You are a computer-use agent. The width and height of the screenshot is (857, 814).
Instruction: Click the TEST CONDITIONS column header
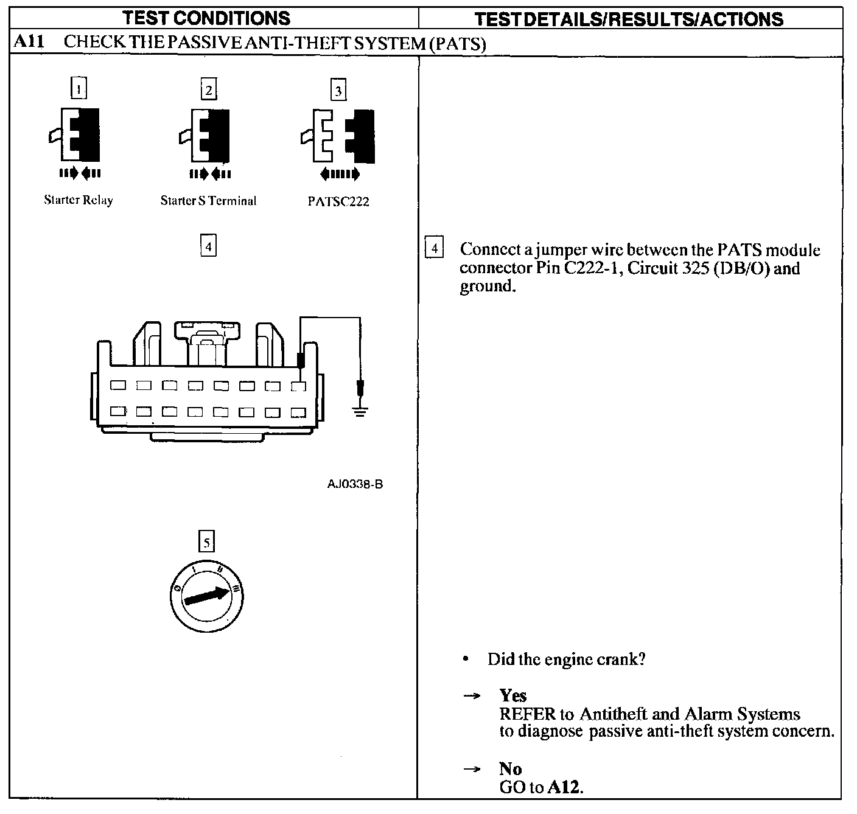point(207,18)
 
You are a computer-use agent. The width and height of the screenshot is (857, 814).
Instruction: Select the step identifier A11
point(28,43)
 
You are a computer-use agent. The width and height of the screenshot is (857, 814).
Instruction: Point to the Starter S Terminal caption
point(208,201)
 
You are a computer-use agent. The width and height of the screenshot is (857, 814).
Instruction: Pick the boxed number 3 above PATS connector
point(338,91)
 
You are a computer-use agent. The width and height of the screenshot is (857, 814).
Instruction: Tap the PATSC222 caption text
point(338,202)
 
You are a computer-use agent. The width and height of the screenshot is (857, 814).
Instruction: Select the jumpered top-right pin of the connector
point(298,386)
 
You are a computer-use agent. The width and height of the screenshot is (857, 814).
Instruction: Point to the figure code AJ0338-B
point(355,485)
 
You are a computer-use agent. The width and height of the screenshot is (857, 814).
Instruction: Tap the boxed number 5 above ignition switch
point(208,541)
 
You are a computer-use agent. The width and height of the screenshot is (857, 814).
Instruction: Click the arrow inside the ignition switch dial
point(207,596)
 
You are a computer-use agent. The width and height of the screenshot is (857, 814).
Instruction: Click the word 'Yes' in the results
point(512,695)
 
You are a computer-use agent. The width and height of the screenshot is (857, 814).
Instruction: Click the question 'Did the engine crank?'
point(566,659)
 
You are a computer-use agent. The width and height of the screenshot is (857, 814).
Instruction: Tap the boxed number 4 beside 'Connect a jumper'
point(433,249)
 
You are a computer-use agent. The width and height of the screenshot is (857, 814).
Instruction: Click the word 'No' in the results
point(510,769)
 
